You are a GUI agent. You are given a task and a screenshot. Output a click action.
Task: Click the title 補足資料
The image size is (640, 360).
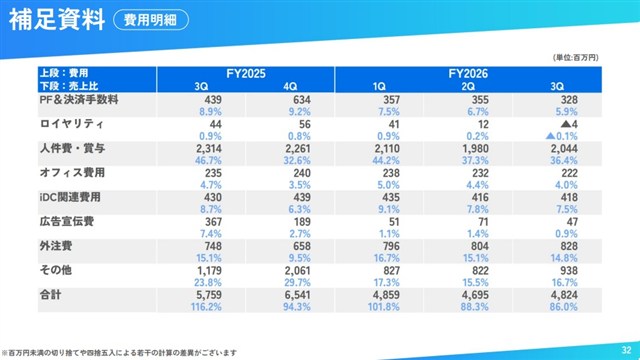point(57,20)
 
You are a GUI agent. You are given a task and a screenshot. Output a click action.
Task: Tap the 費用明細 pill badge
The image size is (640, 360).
point(151,20)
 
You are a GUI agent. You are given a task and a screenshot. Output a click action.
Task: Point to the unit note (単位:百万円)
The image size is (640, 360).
point(576,58)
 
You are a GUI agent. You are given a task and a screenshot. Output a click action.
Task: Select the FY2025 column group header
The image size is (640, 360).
point(246,73)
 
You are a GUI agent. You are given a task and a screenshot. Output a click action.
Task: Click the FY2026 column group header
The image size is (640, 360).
point(468,73)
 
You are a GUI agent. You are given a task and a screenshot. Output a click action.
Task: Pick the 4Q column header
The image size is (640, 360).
point(290,87)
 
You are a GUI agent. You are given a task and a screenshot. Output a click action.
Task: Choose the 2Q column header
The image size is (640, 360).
point(468,87)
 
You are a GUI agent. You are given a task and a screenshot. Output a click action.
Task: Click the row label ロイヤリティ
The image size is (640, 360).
point(71,124)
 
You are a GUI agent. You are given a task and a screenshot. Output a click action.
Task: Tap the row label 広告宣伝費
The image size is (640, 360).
point(67,222)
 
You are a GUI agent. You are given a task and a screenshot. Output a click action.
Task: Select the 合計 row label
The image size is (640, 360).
point(50,295)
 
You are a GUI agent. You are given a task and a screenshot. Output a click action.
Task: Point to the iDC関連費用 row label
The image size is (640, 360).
point(70,197)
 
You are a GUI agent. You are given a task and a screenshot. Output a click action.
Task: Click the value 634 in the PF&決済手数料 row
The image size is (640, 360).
point(302,100)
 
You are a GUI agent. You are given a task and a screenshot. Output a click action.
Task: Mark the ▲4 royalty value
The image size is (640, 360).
point(569,124)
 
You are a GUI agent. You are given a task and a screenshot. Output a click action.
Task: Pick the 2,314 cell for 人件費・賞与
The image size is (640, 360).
point(209,149)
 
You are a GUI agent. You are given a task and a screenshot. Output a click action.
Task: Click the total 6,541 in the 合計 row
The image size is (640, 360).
point(298,295)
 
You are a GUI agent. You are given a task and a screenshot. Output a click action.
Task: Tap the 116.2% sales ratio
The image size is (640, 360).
point(206,307)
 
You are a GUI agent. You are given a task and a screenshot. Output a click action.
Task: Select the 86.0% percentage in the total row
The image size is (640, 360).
point(564,307)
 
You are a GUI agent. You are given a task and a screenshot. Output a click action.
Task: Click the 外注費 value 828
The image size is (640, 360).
point(569,246)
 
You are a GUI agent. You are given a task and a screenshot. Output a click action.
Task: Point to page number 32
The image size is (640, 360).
point(627,350)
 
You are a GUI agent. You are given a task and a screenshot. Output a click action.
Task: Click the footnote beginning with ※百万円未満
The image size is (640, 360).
point(119,353)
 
